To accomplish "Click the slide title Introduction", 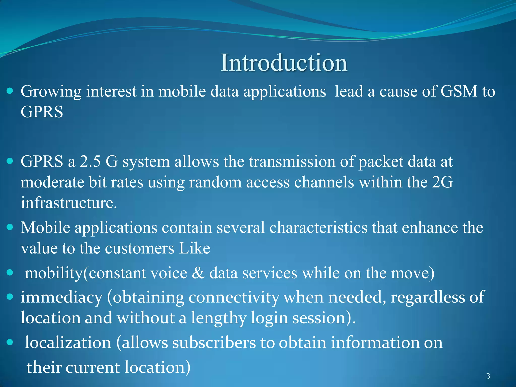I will [284, 63].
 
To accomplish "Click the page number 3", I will [488, 376].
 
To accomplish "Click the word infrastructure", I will [69, 203].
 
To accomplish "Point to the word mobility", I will [54, 273].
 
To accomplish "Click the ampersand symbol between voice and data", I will [198, 273].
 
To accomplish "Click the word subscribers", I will [214, 343].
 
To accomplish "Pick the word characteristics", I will [318, 228].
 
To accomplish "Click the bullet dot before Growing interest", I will [10, 91].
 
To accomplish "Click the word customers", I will [139, 248].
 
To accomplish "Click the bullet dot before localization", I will [10, 342].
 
